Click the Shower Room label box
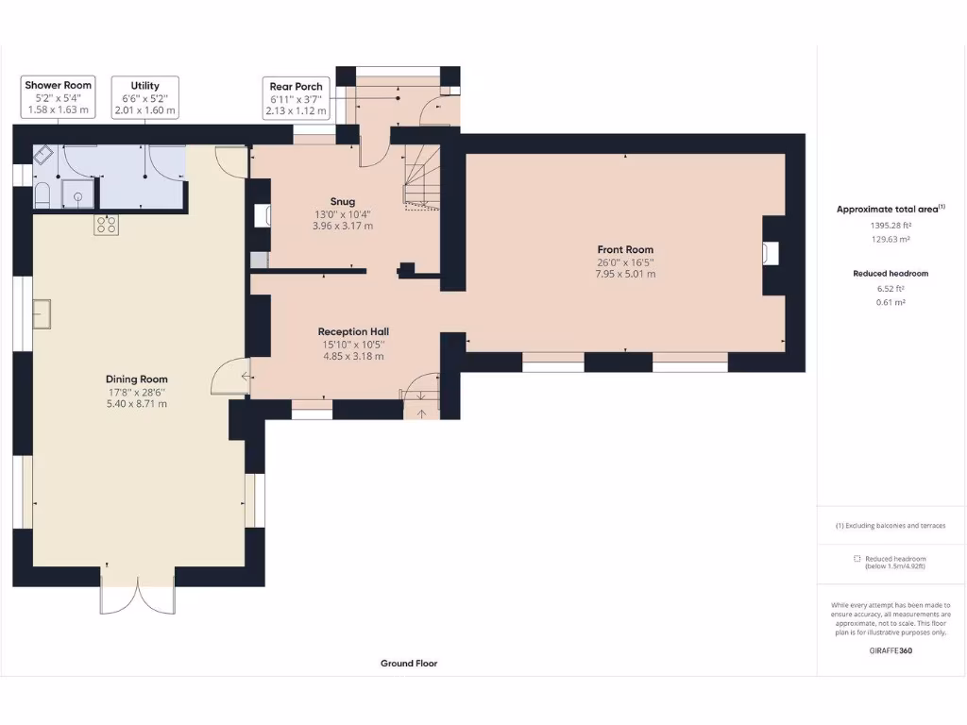[59, 97]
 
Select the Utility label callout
[145, 97]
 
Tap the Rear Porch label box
[297, 98]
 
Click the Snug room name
[343, 201]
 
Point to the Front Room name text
[625, 249]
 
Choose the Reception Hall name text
[353, 331]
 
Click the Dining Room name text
[136, 379]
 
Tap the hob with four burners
[105, 225]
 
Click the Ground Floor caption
[409, 664]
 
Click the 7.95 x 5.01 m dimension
[625, 274]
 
